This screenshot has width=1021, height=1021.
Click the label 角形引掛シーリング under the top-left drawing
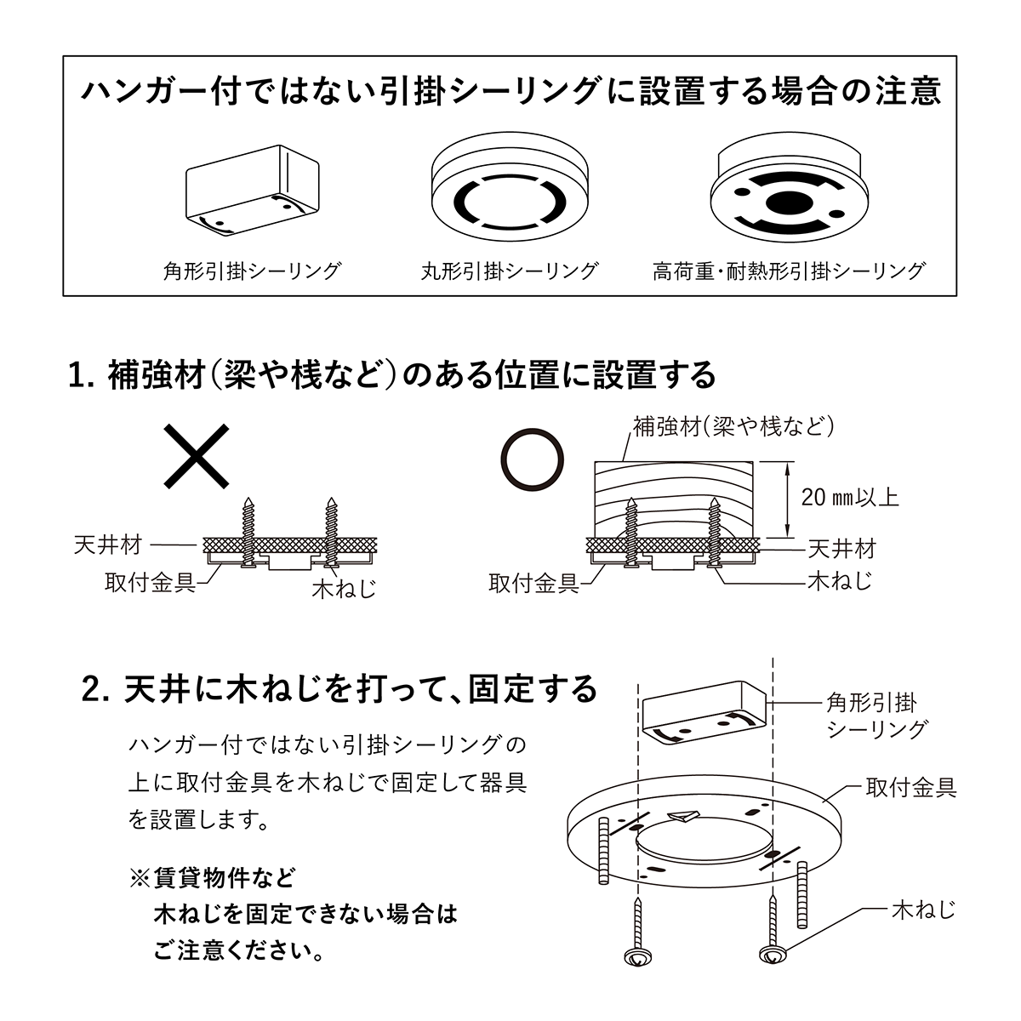(252, 271)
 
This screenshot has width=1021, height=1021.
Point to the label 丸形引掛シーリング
(510, 271)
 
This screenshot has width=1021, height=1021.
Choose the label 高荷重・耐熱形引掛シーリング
(789, 271)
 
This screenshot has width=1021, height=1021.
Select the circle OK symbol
(532, 459)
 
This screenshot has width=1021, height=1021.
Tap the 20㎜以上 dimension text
(850, 497)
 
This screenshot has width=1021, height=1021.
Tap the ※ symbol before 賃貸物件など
(139, 876)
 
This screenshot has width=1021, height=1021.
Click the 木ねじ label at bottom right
(923, 910)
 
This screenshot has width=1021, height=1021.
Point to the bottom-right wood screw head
(773, 955)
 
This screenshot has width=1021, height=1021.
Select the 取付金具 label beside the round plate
(911, 788)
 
